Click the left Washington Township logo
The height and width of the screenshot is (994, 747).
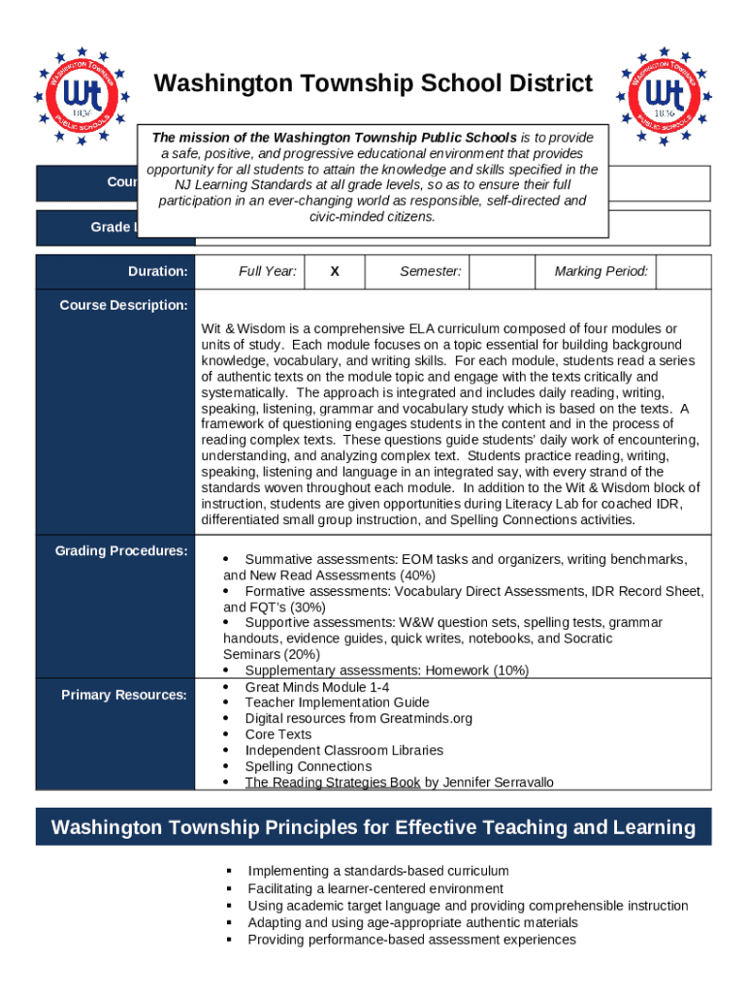click(81, 96)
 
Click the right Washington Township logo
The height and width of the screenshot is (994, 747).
click(664, 96)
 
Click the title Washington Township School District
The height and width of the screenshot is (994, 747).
click(373, 84)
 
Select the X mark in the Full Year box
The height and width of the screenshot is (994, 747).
click(335, 272)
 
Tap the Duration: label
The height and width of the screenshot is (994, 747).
click(158, 272)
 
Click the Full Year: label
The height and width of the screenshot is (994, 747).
click(268, 272)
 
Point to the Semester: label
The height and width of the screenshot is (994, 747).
click(431, 272)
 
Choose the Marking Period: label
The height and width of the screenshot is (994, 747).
click(601, 272)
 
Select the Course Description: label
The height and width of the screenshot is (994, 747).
click(123, 306)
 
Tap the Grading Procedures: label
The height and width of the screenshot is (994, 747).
click(121, 551)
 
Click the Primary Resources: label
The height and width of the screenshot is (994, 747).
click(124, 695)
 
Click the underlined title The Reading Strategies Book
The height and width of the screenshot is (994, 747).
click(333, 782)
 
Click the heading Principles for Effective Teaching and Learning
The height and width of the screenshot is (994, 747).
click(373, 828)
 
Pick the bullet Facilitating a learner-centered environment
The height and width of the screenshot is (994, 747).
click(375, 888)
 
